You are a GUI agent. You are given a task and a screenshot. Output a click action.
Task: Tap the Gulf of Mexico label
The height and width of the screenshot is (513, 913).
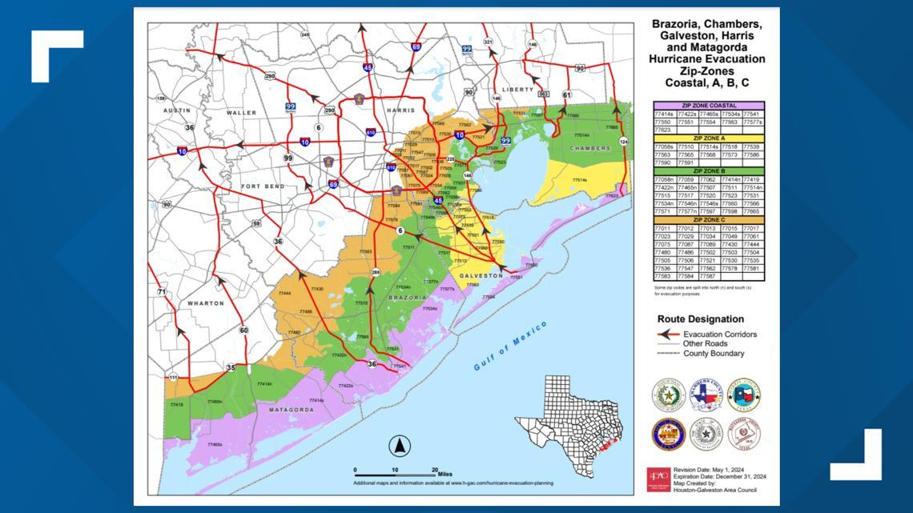coord(509,346)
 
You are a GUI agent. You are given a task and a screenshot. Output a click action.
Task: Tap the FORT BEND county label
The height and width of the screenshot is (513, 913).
coord(263,186)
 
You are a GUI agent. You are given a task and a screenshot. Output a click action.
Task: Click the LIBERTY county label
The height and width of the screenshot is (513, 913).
coord(517,90)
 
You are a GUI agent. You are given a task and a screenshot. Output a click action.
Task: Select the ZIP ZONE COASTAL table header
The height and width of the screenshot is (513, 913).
coord(708,106)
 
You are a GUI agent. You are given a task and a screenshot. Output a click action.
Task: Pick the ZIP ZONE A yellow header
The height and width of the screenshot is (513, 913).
coord(708,138)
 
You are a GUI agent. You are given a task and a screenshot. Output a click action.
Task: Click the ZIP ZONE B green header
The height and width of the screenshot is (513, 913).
coord(708,171)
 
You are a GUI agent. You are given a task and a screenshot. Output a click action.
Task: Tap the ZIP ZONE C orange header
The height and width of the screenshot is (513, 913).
coord(708,220)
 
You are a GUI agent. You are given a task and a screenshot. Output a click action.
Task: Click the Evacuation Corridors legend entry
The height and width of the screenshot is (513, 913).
coord(718,335)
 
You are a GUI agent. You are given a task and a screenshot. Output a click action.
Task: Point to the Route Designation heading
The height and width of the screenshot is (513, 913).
coord(700,319)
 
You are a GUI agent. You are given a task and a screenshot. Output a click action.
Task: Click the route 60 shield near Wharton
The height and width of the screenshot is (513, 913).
coord(243,330)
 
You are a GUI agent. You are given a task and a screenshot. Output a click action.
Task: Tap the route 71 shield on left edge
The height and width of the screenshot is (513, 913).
coord(162,292)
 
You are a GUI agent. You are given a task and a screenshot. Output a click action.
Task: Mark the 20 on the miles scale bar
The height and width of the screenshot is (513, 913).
coord(435,470)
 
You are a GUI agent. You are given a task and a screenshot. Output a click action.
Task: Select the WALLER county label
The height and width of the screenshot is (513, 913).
coord(241,113)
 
